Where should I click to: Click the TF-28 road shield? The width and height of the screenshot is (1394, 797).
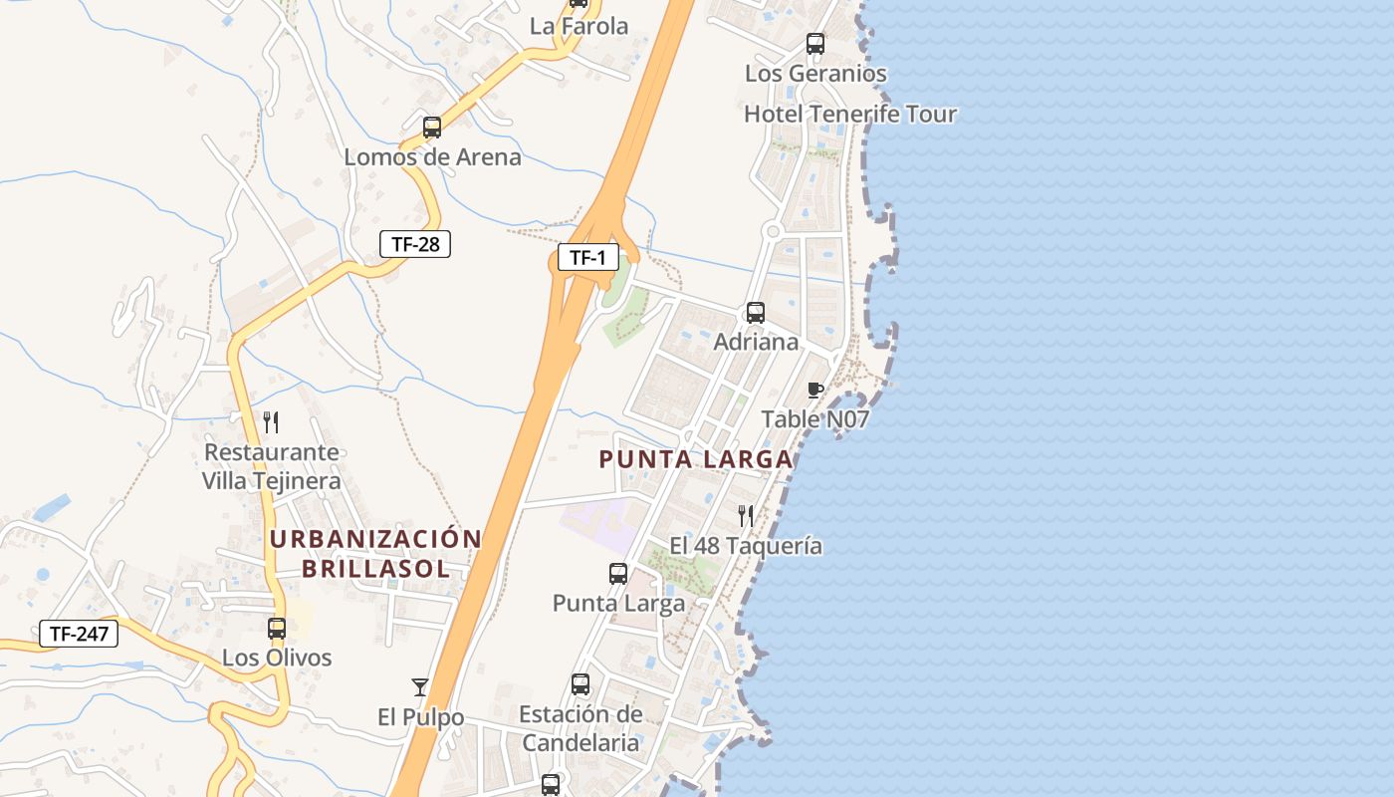click(x=415, y=243)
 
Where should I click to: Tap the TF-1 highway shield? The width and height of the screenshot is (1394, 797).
click(x=587, y=258)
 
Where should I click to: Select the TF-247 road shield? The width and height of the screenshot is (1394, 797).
click(x=78, y=633)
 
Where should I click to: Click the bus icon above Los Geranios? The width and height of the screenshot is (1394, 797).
click(x=815, y=44)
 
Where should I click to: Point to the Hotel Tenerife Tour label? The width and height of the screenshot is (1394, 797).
click(x=849, y=114)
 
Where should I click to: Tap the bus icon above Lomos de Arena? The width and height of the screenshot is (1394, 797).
click(x=432, y=128)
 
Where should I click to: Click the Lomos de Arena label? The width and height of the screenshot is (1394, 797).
click(x=432, y=156)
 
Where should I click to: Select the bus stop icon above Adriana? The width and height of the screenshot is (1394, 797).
click(x=756, y=313)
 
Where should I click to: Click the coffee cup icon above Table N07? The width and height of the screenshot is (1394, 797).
click(x=815, y=390)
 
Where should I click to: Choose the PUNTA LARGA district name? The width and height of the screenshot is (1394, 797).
click(x=696, y=459)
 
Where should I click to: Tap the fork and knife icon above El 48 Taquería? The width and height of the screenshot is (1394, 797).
click(x=746, y=516)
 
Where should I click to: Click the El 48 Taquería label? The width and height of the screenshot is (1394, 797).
click(x=746, y=545)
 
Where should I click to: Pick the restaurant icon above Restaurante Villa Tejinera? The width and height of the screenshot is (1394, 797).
click(x=271, y=422)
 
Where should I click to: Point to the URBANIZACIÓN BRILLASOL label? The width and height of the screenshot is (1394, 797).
click(x=375, y=554)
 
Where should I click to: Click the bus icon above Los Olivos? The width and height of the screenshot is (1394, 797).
click(x=277, y=629)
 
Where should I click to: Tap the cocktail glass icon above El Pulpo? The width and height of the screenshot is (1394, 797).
click(x=420, y=687)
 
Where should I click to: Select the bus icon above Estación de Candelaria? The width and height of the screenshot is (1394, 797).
click(x=581, y=684)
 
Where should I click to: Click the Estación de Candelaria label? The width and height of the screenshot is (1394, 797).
click(x=581, y=728)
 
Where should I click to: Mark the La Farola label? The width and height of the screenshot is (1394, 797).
click(x=579, y=26)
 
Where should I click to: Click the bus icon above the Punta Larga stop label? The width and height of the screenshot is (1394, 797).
click(x=618, y=574)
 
